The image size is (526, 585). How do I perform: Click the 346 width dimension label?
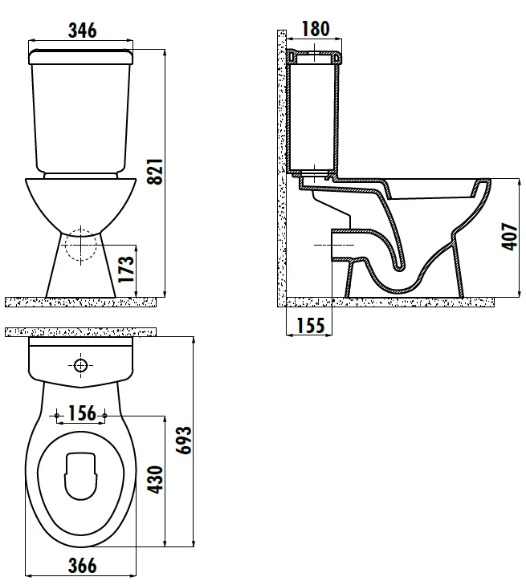[82, 30]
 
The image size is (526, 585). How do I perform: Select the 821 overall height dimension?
[155, 171]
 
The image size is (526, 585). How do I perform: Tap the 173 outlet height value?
[126, 269]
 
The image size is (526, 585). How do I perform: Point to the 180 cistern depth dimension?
[316, 29]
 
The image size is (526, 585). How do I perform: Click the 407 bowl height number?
[510, 236]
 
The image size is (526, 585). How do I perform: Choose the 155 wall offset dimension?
[311, 325]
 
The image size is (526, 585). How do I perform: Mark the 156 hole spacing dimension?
[82, 413]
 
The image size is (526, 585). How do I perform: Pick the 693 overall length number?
[184, 441]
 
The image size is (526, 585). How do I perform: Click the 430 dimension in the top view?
[155, 479]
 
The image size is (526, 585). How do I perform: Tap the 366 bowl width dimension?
[82, 565]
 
